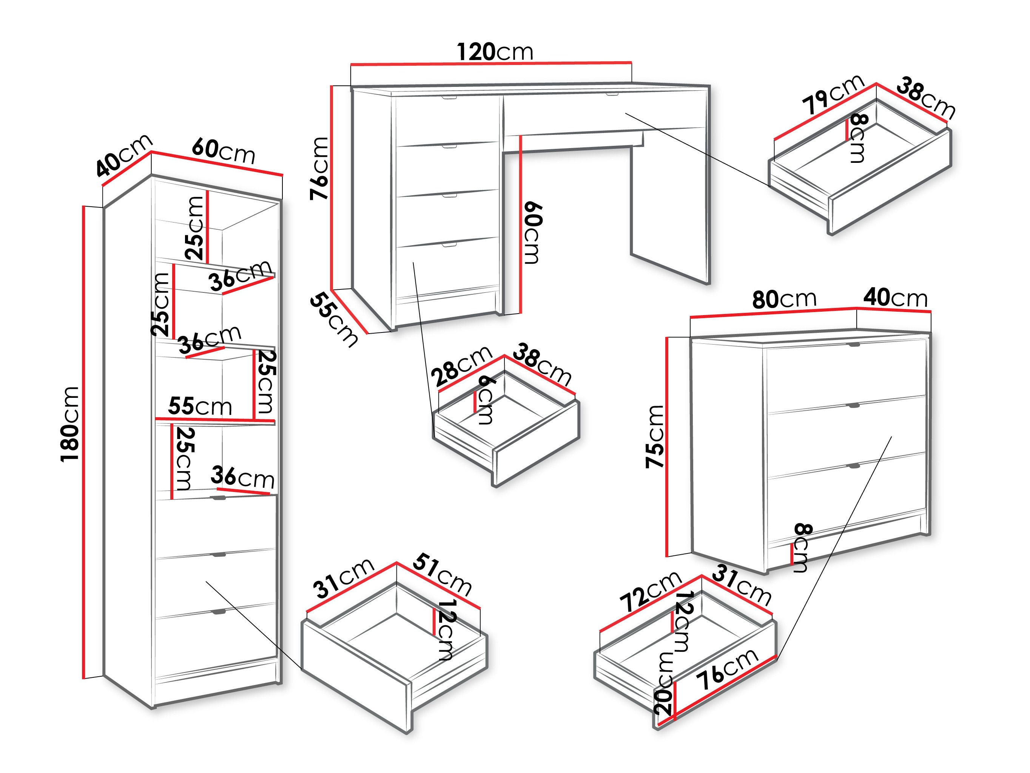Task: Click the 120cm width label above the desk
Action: pyautogui.click(x=495, y=52)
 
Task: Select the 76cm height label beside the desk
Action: pyautogui.click(x=319, y=169)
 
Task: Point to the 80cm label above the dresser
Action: pyautogui.click(x=785, y=299)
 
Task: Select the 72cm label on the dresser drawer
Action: pyautogui.click(x=651, y=591)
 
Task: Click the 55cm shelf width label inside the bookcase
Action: pyautogui.click(x=200, y=406)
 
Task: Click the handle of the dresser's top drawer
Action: pyautogui.click(x=854, y=345)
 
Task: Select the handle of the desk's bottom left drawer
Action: pyautogui.click(x=449, y=244)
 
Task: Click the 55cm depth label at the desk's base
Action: pyautogui.click(x=334, y=320)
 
